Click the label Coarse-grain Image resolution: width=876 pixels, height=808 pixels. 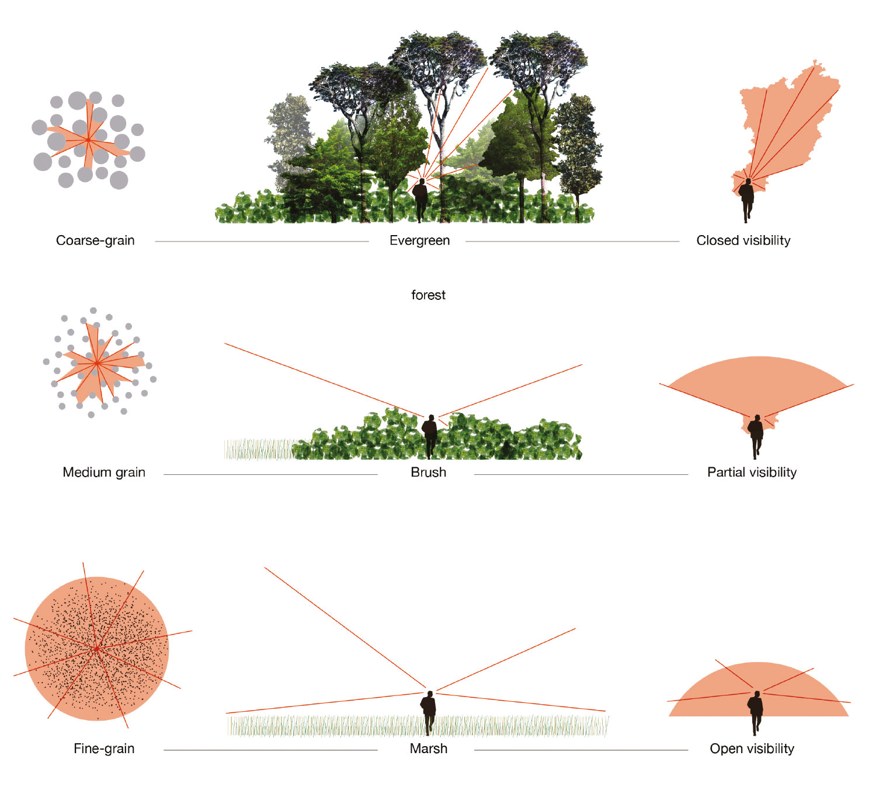point(95,241)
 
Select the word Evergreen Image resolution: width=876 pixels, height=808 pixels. point(419,241)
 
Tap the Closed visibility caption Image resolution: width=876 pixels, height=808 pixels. point(743,241)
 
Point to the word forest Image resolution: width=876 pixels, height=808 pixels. point(428,295)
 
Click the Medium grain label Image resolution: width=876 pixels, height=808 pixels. point(104,473)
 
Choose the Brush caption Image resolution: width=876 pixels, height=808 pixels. point(428,473)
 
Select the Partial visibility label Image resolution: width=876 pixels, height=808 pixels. point(752,473)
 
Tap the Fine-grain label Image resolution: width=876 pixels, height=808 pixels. point(104,748)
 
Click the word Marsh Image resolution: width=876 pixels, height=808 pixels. point(428,748)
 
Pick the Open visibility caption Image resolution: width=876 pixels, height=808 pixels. point(752,748)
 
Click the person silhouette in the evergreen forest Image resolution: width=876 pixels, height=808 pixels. point(420,200)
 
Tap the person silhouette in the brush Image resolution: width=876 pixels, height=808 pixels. point(430,436)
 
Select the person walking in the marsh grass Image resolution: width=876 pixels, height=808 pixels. point(428,713)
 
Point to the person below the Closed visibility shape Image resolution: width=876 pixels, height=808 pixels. point(746,201)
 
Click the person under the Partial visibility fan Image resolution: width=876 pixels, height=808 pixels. point(756,437)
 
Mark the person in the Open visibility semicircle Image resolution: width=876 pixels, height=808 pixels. point(756,713)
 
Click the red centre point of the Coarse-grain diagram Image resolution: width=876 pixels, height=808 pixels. point(89,140)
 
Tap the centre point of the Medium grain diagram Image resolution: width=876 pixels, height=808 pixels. point(96,363)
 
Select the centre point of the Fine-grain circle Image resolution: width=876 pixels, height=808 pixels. point(96,648)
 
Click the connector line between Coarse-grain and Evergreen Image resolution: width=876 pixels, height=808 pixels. point(262,242)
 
